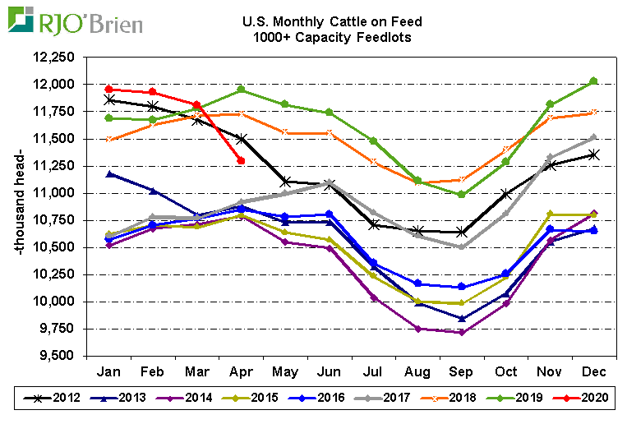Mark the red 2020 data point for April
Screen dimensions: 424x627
(x=240, y=160)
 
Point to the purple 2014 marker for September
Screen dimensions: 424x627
(x=462, y=333)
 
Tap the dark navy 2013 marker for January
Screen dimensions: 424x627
(x=110, y=173)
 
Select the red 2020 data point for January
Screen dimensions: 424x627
(x=110, y=89)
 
